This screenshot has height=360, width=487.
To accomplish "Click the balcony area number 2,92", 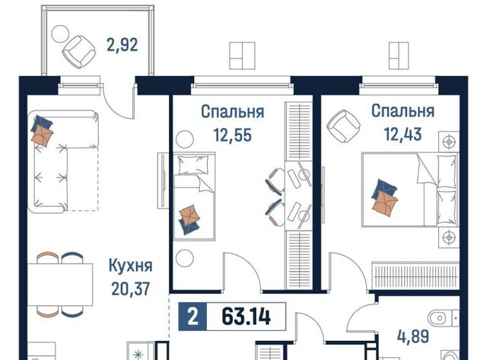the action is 122,46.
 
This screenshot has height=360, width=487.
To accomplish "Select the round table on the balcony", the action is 60,33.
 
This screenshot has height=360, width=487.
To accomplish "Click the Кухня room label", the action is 130,266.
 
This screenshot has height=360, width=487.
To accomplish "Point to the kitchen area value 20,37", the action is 130,289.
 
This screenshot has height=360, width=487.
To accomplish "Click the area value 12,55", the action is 232,135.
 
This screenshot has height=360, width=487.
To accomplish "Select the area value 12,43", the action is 403,135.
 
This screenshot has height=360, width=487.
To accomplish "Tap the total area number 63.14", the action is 247,317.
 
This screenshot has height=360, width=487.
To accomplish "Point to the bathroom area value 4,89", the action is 413,336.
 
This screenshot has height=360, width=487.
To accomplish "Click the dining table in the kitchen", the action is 60,285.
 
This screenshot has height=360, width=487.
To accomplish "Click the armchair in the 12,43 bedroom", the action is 343,126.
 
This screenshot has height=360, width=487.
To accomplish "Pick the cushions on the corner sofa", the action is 42,131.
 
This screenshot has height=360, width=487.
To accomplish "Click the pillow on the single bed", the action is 193,165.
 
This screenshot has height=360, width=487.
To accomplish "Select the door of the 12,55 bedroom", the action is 243,272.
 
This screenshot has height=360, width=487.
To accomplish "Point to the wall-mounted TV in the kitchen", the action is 163,180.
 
